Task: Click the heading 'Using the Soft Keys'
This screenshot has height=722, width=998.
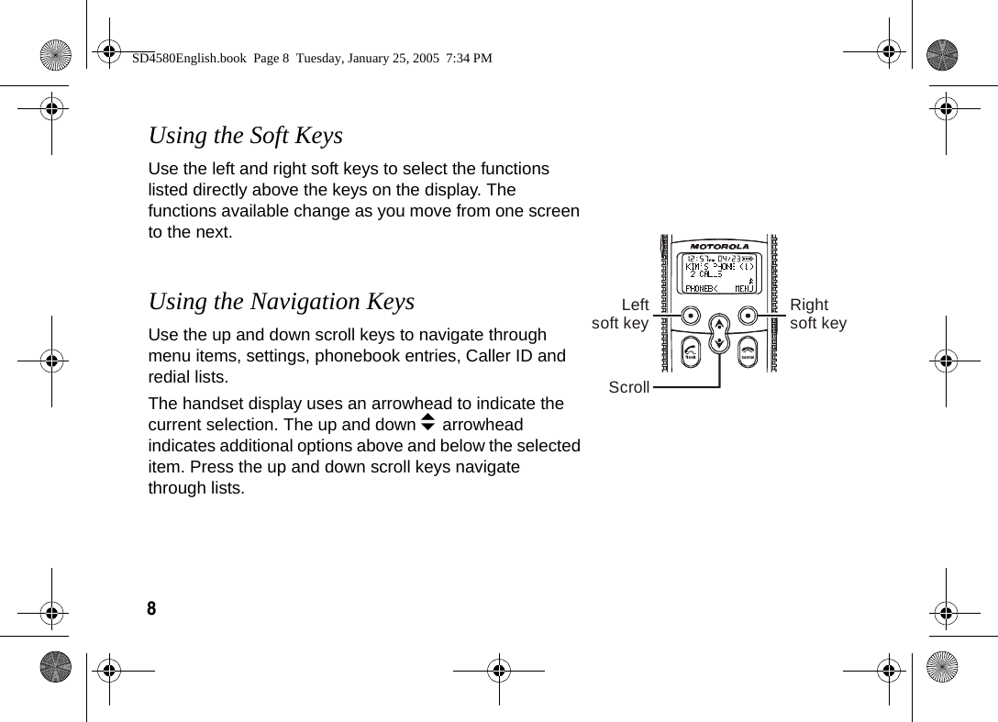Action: (x=245, y=136)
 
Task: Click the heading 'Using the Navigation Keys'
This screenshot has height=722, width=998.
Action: (x=281, y=302)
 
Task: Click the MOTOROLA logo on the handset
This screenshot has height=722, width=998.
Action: (x=719, y=246)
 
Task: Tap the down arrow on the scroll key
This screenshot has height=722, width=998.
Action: (x=719, y=343)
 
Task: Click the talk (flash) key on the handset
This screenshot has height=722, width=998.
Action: (x=690, y=352)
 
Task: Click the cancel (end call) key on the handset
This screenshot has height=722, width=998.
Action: (x=748, y=352)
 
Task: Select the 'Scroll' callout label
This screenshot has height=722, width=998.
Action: (x=628, y=388)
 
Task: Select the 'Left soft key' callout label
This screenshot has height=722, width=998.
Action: (x=621, y=314)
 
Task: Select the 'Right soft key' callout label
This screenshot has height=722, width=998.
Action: (x=818, y=314)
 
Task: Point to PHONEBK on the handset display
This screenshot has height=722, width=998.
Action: (x=702, y=288)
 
